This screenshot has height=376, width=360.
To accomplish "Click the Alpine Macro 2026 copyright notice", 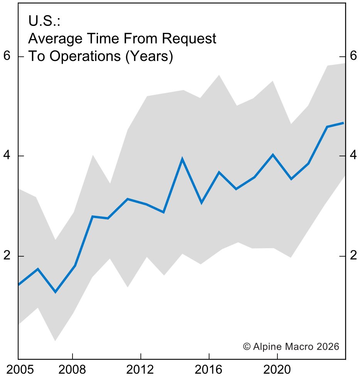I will [x=291, y=346].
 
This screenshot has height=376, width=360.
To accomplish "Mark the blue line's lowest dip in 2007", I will [x=55, y=292].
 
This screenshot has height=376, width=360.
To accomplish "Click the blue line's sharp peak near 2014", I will [x=182, y=159].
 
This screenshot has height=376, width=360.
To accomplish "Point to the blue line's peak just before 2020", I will [x=273, y=155].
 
